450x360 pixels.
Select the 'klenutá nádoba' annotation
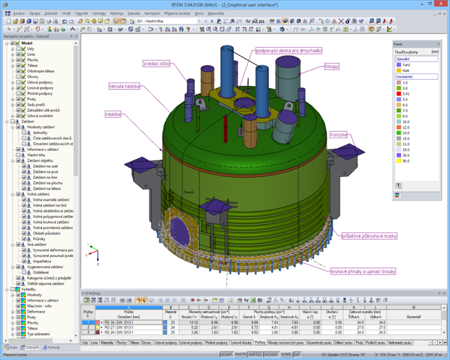[x=124, y=86]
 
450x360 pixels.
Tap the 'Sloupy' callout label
[x=332, y=67]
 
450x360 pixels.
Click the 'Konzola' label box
[x=340, y=135]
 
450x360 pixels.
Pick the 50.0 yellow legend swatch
[x=398, y=160]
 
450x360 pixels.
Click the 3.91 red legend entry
[x=398, y=93]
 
